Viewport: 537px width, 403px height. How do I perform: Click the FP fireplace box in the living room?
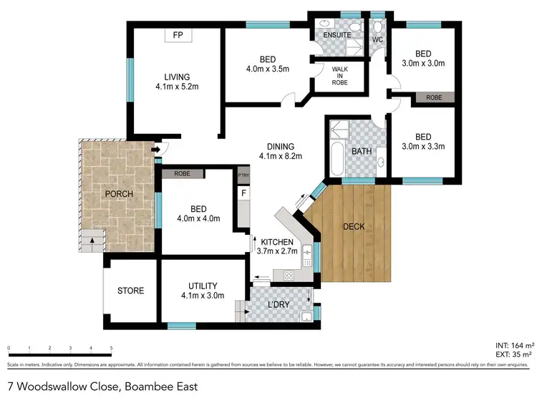176,35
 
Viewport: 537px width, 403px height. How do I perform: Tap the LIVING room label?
176,77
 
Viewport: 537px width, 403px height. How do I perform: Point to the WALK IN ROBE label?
339,76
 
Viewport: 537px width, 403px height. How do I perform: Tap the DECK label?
354,227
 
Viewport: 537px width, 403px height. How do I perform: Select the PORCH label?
119,195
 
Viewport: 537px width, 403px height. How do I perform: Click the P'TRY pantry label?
244,174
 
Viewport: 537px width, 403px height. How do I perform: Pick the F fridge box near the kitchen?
244,193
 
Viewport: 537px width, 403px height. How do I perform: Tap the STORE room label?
130,291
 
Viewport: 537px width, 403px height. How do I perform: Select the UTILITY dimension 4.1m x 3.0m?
202,295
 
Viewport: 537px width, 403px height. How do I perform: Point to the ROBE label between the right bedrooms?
434,97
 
